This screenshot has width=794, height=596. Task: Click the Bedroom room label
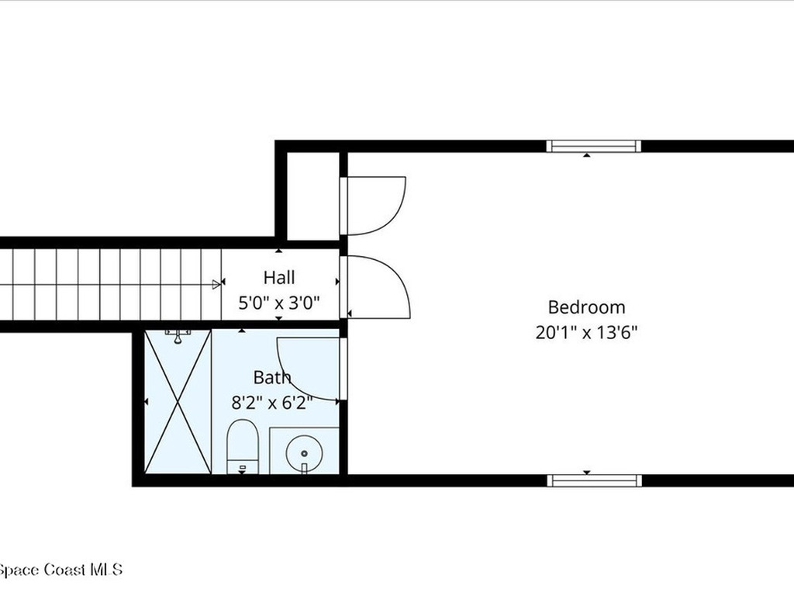586,307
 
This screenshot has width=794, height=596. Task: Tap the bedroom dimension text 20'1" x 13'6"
586,332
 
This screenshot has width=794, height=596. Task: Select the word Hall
279,277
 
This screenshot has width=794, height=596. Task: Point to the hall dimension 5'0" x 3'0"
279,303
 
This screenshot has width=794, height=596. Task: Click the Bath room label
272,378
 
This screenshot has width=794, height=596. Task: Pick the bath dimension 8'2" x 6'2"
272,403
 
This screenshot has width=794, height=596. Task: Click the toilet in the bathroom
243,447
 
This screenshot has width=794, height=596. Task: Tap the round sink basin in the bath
304,453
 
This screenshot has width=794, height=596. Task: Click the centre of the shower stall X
178,401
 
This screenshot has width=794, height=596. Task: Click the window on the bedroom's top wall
594,146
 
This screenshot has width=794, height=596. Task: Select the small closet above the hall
313,196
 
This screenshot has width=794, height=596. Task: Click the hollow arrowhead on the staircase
217,284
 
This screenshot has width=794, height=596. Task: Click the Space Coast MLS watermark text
60,570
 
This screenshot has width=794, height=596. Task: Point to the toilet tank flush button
243,467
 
